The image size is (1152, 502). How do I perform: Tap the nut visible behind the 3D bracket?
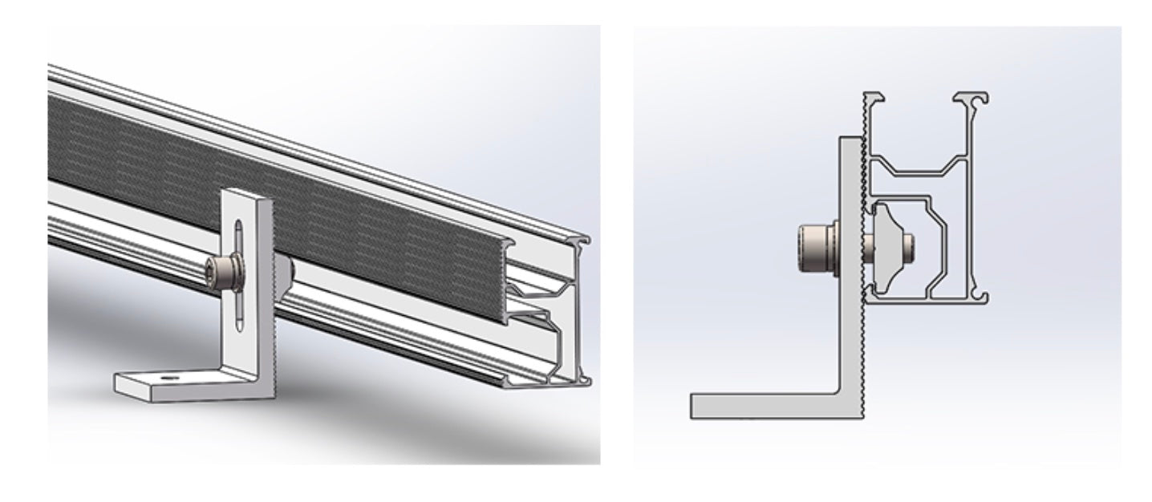(286, 269)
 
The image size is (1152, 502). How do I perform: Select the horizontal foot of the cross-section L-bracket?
(762, 405)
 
